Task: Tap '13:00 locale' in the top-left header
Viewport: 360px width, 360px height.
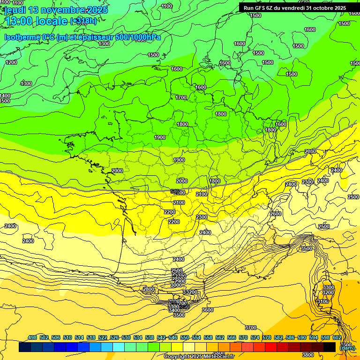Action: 35,21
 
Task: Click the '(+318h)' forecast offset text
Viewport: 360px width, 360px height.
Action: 84,21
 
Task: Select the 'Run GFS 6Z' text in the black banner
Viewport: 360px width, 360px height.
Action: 258,8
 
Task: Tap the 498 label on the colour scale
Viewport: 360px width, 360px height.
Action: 32,337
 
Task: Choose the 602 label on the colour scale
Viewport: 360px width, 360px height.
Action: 337,337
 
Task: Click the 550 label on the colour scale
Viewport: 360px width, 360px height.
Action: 185,337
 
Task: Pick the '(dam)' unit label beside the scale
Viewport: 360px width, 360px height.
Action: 347,347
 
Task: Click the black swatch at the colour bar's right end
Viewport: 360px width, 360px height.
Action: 330,347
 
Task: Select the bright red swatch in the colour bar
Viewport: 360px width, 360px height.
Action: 271,347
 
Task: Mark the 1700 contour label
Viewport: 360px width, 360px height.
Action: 181,97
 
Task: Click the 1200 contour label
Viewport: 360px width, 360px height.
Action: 11,62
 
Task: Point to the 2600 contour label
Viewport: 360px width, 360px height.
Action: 276,214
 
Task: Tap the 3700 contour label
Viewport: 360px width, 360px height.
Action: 251,328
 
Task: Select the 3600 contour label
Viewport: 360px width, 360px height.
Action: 207,310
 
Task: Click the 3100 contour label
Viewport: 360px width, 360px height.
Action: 323,301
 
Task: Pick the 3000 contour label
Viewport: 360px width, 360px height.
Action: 176,285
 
